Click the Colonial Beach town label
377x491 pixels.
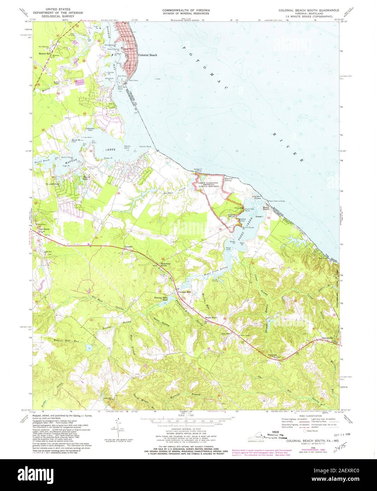pyautogui.click(x=147, y=55)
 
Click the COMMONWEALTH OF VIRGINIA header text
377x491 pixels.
pyautogui.click(x=186, y=10)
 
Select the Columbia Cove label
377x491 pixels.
pyautogui.click(x=90, y=129)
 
